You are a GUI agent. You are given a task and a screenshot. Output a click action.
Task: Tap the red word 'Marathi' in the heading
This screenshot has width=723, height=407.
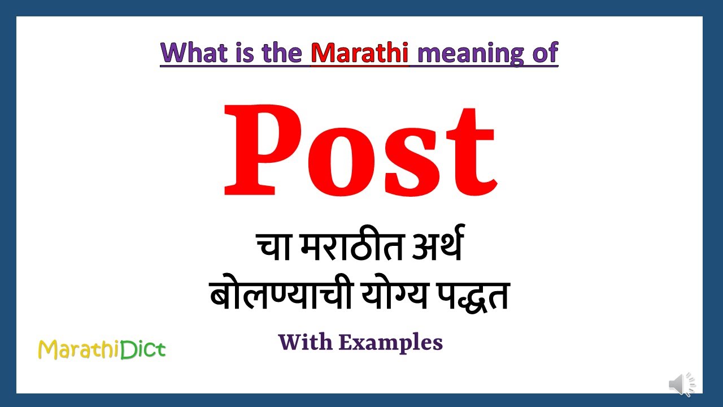[x=360, y=53]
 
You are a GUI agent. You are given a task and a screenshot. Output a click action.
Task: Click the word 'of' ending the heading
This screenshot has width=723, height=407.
[x=543, y=53]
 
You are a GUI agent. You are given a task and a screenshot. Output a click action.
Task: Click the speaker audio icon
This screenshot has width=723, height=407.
[x=682, y=385]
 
